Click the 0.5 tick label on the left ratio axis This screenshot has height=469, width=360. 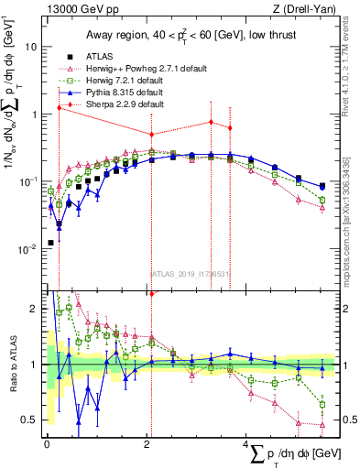point(28,420)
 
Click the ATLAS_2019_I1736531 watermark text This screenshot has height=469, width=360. point(189,273)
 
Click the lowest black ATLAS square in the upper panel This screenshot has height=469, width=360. point(49,243)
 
